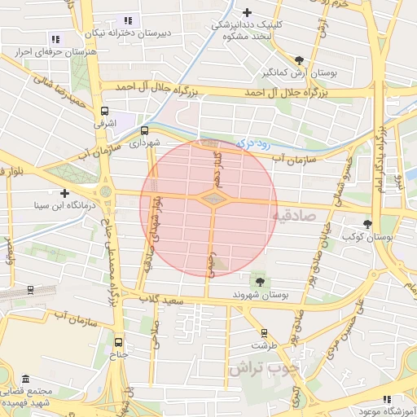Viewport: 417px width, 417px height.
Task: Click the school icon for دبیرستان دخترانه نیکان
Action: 126,20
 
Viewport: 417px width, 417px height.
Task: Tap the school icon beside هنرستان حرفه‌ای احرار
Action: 55,38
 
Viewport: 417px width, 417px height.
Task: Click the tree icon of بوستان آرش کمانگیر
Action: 300,59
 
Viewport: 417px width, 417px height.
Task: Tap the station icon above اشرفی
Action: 104,111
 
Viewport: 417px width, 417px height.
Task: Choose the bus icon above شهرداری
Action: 144,129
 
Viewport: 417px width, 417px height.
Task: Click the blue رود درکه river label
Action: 252,143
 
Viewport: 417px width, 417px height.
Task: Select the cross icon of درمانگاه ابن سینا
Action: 64,193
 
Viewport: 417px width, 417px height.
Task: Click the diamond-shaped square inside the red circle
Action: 213,198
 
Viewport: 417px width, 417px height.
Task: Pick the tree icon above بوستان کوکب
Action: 368,223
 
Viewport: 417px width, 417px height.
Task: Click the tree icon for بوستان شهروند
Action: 260,281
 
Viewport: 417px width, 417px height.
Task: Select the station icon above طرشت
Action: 263,332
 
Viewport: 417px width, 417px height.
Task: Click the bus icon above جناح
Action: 120,342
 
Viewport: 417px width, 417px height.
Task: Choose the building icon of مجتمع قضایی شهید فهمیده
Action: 26,380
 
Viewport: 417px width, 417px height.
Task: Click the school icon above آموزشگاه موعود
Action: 387,399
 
